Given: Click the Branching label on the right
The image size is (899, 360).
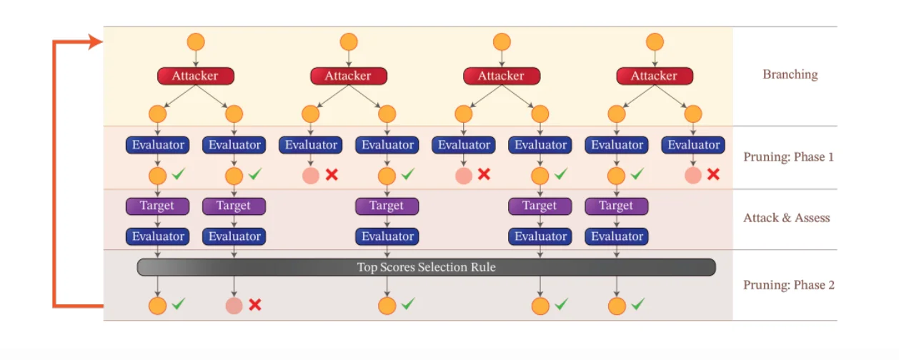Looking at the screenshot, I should [790, 74].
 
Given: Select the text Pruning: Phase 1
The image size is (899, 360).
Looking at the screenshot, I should [788, 157].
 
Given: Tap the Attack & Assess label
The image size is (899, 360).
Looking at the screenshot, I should [787, 218].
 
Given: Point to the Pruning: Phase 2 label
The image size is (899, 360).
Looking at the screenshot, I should [788, 285].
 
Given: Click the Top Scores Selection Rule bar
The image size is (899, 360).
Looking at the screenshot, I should [426, 267].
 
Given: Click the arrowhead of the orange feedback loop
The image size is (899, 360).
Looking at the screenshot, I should [96, 43].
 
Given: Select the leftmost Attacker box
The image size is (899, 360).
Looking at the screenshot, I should [195, 76].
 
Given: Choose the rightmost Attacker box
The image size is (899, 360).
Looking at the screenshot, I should [654, 76].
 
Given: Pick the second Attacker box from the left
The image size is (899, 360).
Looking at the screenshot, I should [348, 76].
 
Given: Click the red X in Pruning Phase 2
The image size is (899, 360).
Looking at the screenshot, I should [254, 305].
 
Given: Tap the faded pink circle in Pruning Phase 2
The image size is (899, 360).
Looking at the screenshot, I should [234, 306].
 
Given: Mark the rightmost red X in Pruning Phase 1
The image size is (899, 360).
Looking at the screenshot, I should [712, 174].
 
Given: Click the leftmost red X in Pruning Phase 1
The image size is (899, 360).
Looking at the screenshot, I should [331, 174].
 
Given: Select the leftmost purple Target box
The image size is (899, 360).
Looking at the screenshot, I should [157, 206].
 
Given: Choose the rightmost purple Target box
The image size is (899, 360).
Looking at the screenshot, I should [616, 206].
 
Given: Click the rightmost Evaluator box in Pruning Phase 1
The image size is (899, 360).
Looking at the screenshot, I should [692, 145].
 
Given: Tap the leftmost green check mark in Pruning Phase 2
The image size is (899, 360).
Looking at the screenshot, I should [178, 304].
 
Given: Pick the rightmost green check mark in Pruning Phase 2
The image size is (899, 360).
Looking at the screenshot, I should [637, 304].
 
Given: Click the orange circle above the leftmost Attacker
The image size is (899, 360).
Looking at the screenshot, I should [196, 41].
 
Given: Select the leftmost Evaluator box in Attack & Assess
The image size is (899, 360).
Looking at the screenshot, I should [157, 236].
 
